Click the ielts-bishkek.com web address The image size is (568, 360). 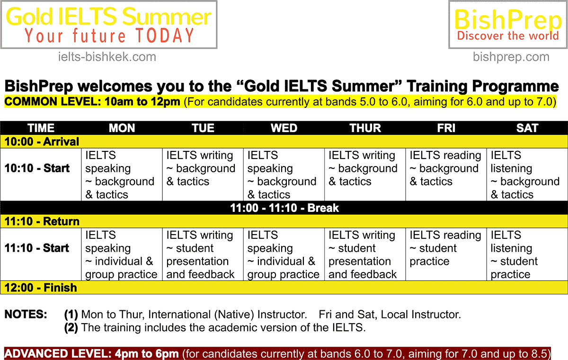point(107,57)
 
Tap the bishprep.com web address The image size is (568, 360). point(511,57)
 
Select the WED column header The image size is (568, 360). point(284,128)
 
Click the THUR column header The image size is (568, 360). point(365,128)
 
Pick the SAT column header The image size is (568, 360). point(527,128)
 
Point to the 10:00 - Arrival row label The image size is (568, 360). point(42,141)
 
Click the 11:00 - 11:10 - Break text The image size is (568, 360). point(284,208)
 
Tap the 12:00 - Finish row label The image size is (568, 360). point(41,288)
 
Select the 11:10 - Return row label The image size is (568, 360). point(42,221)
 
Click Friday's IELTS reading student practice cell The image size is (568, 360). point(445,248)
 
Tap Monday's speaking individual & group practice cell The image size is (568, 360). point(121,255)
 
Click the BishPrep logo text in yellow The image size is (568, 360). point(508,19)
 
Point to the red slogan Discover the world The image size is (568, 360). point(508,36)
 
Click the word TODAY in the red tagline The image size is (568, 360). point(165,35)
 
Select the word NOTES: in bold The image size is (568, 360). point(26,314)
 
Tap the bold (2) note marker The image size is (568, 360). point(71,327)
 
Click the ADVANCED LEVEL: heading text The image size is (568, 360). point(58,354)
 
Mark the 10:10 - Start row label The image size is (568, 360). point(37,168)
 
